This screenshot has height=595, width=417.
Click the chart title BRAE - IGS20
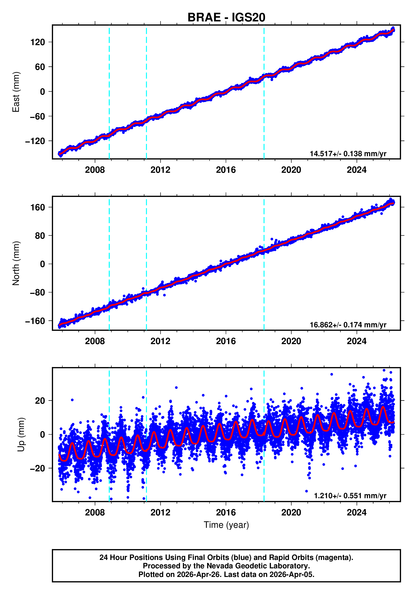pos(226,17)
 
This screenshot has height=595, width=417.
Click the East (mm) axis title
pos(16,92)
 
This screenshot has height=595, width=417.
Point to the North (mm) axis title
pos(16,263)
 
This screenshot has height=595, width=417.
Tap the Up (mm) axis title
pos(21,435)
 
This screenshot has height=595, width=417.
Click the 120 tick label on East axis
pos(38,42)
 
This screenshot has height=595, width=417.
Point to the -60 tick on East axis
pos(38,116)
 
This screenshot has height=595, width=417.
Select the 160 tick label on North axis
pos(38,207)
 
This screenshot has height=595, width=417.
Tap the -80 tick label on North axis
pos(38,292)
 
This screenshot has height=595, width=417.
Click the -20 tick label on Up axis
pos(38,468)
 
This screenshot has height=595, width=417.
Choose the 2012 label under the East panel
pos(160,170)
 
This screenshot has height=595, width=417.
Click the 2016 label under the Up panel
pos(226,512)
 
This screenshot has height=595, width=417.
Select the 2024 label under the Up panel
pos(356,512)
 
